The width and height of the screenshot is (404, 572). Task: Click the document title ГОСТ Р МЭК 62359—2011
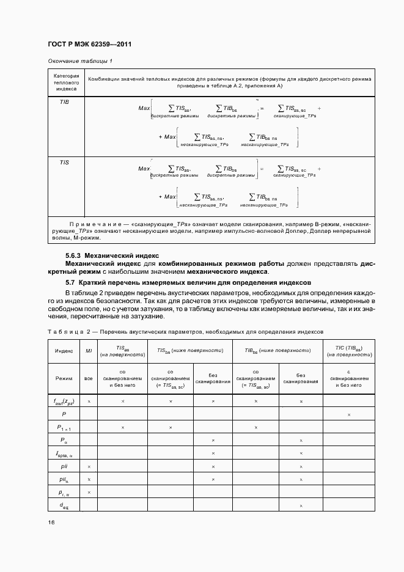pyautogui.click(x=90, y=45)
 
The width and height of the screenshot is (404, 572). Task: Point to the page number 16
pyautogui.click(x=51, y=522)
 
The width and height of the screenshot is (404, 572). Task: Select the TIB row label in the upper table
pyautogui.click(x=64, y=102)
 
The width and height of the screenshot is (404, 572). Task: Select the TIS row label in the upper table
pyautogui.click(x=64, y=163)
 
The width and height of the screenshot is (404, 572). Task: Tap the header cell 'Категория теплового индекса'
pyautogui.click(x=64, y=82)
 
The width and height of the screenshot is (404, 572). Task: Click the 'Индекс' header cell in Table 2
pyautogui.click(x=64, y=351)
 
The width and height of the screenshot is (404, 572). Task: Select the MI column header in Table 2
pyautogui.click(x=89, y=351)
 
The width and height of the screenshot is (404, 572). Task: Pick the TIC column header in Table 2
pyautogui.click(x=349, y=351)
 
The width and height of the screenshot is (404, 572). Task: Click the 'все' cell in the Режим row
pyautogui.click(x=89, y=379)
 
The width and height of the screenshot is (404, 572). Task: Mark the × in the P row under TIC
pyautogui.click(x=349, y=415)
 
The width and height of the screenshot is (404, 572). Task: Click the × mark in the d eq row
pyautogui.click(x=301, y=505)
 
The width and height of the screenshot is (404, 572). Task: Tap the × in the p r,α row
pyautogui.click(x=89, y=492)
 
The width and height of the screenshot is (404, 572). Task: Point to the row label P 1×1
pyautogui.click(x=64, y=428)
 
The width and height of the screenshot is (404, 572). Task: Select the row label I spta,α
pyautogui.click(x=64, y=453)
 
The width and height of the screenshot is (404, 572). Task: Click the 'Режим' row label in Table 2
pyautogui.click(x=64, y=379)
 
